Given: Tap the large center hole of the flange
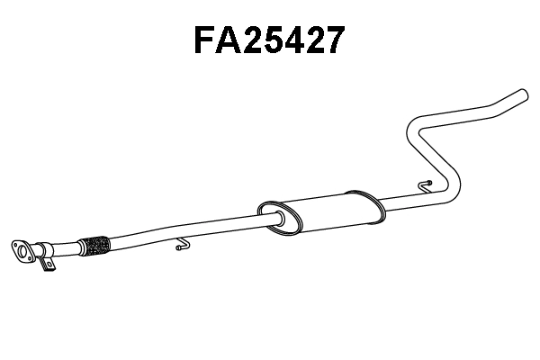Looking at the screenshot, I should click(22, 247).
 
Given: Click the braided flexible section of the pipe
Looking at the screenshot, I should click(94, 242).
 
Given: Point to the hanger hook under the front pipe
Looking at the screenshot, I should click(181, 244).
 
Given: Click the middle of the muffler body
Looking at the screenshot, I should click(324, 210).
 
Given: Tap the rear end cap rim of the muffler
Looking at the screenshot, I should click(368, 202).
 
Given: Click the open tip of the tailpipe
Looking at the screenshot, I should click(520, 94).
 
